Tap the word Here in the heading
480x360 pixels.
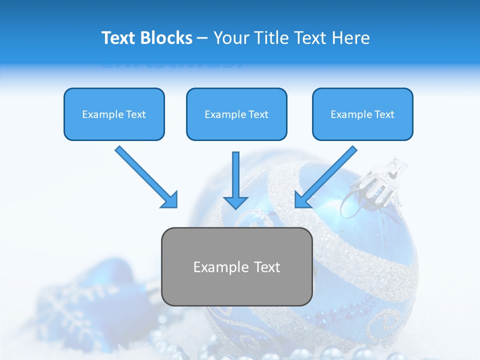point(351,38)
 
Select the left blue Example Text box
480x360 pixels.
point(114,114)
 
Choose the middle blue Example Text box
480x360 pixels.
point(236,114)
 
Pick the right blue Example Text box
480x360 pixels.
point(362,114)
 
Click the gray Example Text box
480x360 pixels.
point(236,266)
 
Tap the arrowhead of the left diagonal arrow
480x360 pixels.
point(170,200)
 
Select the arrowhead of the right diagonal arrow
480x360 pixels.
point(302,200)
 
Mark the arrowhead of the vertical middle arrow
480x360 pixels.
point(235,202)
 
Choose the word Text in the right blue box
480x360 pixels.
point(384,114)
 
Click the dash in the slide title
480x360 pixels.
point(202,38)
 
